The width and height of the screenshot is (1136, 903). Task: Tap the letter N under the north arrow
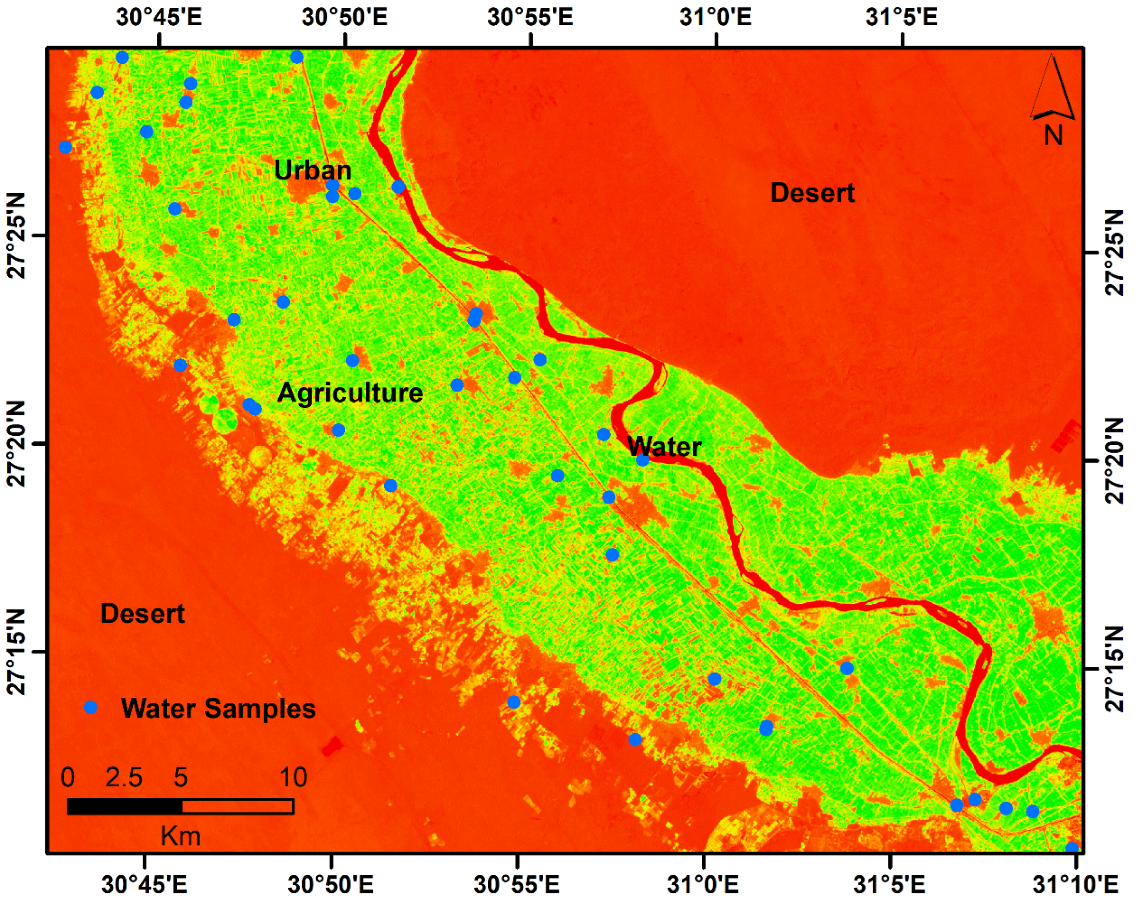tap(1053, 136)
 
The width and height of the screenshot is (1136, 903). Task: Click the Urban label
tap(313, 170)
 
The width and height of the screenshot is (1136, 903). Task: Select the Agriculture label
tap(350, 392)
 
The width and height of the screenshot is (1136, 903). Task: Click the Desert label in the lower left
tap(142, 613)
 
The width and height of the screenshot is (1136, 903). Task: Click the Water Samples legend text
tap(218, 708)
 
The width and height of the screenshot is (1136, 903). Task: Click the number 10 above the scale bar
tap(293, 777)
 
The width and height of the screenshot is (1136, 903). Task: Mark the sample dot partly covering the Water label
tap(642, 459)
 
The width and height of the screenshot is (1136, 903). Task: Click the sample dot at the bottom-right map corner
tap(1072, 849)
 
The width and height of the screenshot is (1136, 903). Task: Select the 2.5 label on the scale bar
tap(124, 777)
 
